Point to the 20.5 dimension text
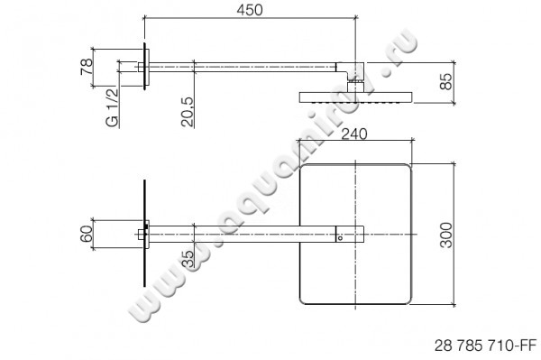[x=186, y=114]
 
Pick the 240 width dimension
[x=358, y=134]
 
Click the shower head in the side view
[x=358, y=97]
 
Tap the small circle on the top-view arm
[x=340, y=241]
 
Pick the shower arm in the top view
[x=243, y=235]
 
